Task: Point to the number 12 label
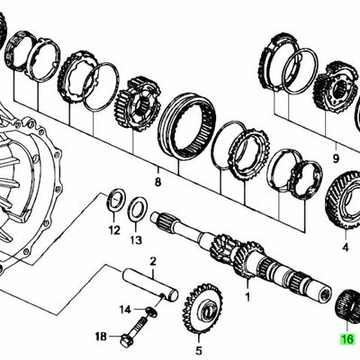pos(112,229)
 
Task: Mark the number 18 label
pos(100,337)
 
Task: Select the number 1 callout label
pos(249,294)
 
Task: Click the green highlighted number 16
pos(346,339)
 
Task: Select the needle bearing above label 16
pos(346,307)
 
